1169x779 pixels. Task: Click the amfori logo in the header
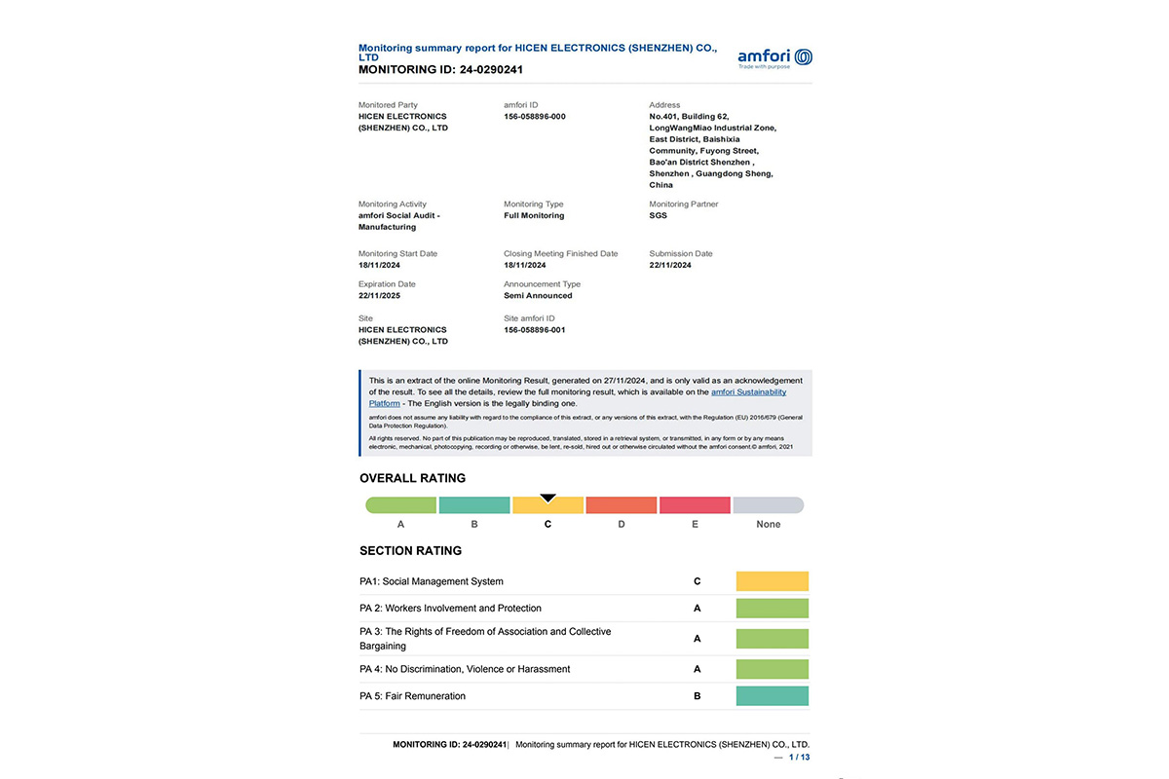click(x=774, y=56)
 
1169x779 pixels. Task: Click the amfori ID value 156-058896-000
click(x=535, y=117)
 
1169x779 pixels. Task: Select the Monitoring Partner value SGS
click(x=659, y=216)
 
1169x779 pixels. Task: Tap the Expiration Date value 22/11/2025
click(x=379, y=296)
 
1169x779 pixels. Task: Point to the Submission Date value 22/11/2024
click(x=670, y=265)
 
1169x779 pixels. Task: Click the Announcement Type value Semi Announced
click(x=538, y=296)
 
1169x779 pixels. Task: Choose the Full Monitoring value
click(x=534, y=216)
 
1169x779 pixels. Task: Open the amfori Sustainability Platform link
click(x=748, y=391)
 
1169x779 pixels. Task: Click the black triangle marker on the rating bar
click(x=547, y=498)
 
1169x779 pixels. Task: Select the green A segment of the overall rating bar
click(x=400, y=505)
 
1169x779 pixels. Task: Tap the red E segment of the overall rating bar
click(x=695, y=505)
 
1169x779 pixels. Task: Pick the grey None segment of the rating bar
click(x=769, y=505)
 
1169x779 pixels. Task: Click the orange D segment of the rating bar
click(x=622, y=505)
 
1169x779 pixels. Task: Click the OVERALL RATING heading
click(x=412, y=478)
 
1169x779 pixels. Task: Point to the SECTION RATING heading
click(x=410, y=551)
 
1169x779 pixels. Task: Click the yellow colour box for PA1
click(x=772, y=581)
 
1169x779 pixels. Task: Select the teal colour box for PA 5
click(x=772, y=696)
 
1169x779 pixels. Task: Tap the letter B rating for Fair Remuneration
click(x=697, y=696)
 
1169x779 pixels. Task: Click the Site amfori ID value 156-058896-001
click(x=535, y=330)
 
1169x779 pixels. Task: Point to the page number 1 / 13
click(x=799, y=757)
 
